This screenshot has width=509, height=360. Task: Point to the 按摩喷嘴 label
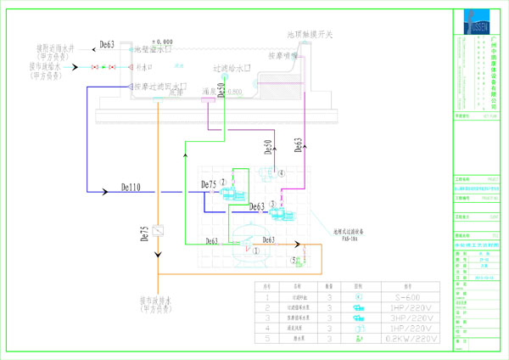284,56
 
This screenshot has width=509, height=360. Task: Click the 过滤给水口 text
232,67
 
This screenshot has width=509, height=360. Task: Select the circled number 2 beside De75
224,182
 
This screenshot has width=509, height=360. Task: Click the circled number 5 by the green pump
294,260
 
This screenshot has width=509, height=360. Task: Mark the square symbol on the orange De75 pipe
159,231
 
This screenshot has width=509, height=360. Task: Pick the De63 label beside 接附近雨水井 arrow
106,43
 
